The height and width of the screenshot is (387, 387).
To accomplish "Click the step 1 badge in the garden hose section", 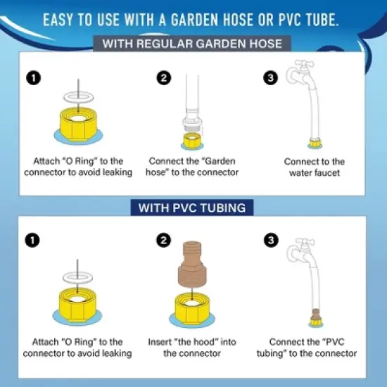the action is (34, 78).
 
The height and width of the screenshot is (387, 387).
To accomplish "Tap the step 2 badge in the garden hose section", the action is (164, 78).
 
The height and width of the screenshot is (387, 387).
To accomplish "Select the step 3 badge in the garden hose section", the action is (271, 78).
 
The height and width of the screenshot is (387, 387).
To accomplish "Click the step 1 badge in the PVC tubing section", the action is (32, 240).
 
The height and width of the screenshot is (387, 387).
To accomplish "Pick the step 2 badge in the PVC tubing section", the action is (164, 240).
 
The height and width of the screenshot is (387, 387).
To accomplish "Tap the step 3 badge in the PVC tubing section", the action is (271, 240).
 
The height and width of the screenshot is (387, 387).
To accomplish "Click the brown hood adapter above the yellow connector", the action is (192, 265).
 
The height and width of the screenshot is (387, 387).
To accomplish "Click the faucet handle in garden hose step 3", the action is (305, 63).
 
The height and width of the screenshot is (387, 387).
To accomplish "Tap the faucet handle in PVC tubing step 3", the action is (305, 242).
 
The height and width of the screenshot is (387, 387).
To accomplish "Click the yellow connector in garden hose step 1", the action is (79, 124).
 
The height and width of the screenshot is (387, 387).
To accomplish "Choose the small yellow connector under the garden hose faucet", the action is (315, 143).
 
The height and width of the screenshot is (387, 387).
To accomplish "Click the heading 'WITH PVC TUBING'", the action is (192, 208).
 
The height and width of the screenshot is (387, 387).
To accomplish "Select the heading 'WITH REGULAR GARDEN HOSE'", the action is (192, 44).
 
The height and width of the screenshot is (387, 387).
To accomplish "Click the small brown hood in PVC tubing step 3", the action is (315, 314).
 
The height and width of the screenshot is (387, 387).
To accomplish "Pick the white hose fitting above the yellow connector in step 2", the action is (192, 120).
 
